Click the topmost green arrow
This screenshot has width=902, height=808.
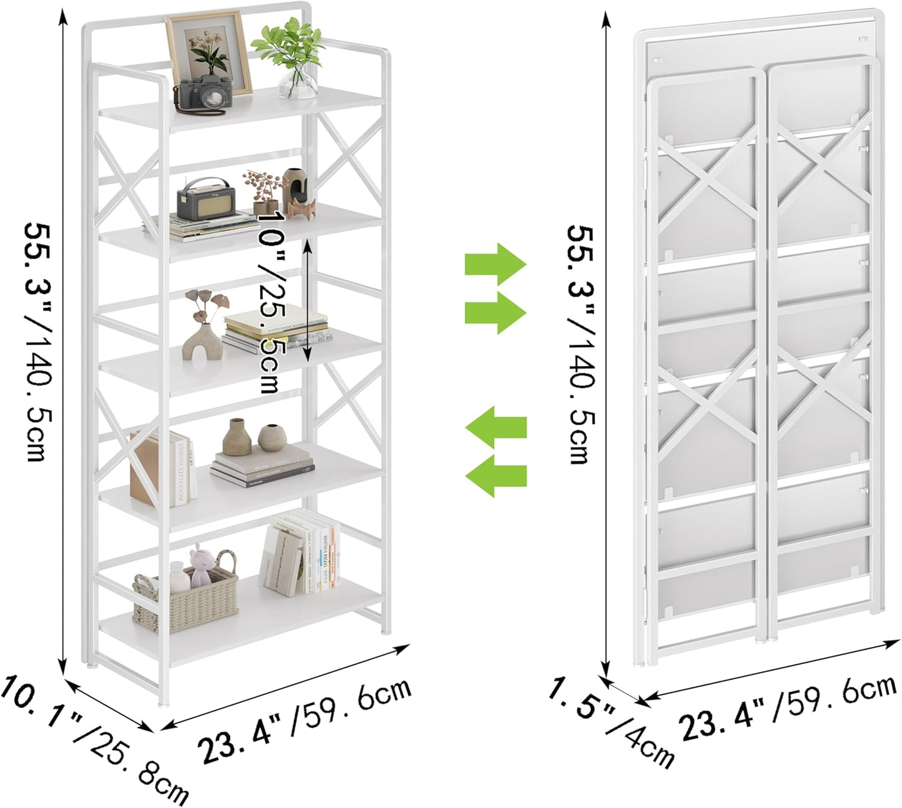point(496,265)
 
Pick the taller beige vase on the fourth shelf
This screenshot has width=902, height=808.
point(237,437)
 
